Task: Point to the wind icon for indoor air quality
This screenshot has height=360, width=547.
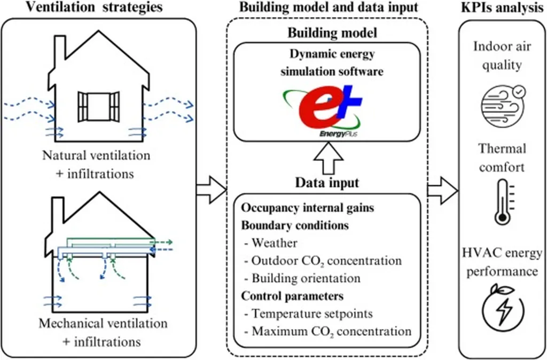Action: click(x=502, y=104)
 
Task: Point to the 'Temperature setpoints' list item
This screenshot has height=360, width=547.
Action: click(x=308, y=314)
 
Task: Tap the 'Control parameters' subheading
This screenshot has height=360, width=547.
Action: click(x=292, y=295)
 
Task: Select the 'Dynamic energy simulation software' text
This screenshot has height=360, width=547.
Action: click(x=333, y=62)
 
